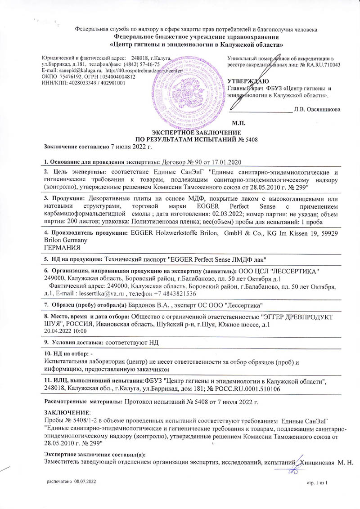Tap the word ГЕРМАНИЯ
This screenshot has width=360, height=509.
63,248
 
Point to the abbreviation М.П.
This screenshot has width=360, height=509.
237,122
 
